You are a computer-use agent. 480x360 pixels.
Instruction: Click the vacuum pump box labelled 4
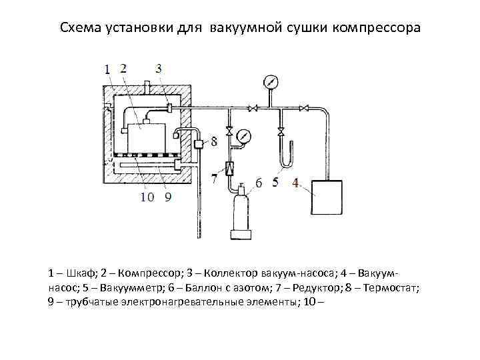[333, 196]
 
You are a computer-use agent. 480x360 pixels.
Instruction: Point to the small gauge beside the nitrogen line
[245, 135]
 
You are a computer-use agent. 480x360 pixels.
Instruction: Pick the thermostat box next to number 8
[199, 143]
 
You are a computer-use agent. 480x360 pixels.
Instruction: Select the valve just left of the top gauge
[253, 107]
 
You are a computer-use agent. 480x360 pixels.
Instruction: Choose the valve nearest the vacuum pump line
[304, 107]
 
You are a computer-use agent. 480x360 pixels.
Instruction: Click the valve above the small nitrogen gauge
[229, 129]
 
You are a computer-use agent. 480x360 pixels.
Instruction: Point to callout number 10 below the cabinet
[147, 197]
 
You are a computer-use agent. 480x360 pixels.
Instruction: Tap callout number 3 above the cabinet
[159, 67]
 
